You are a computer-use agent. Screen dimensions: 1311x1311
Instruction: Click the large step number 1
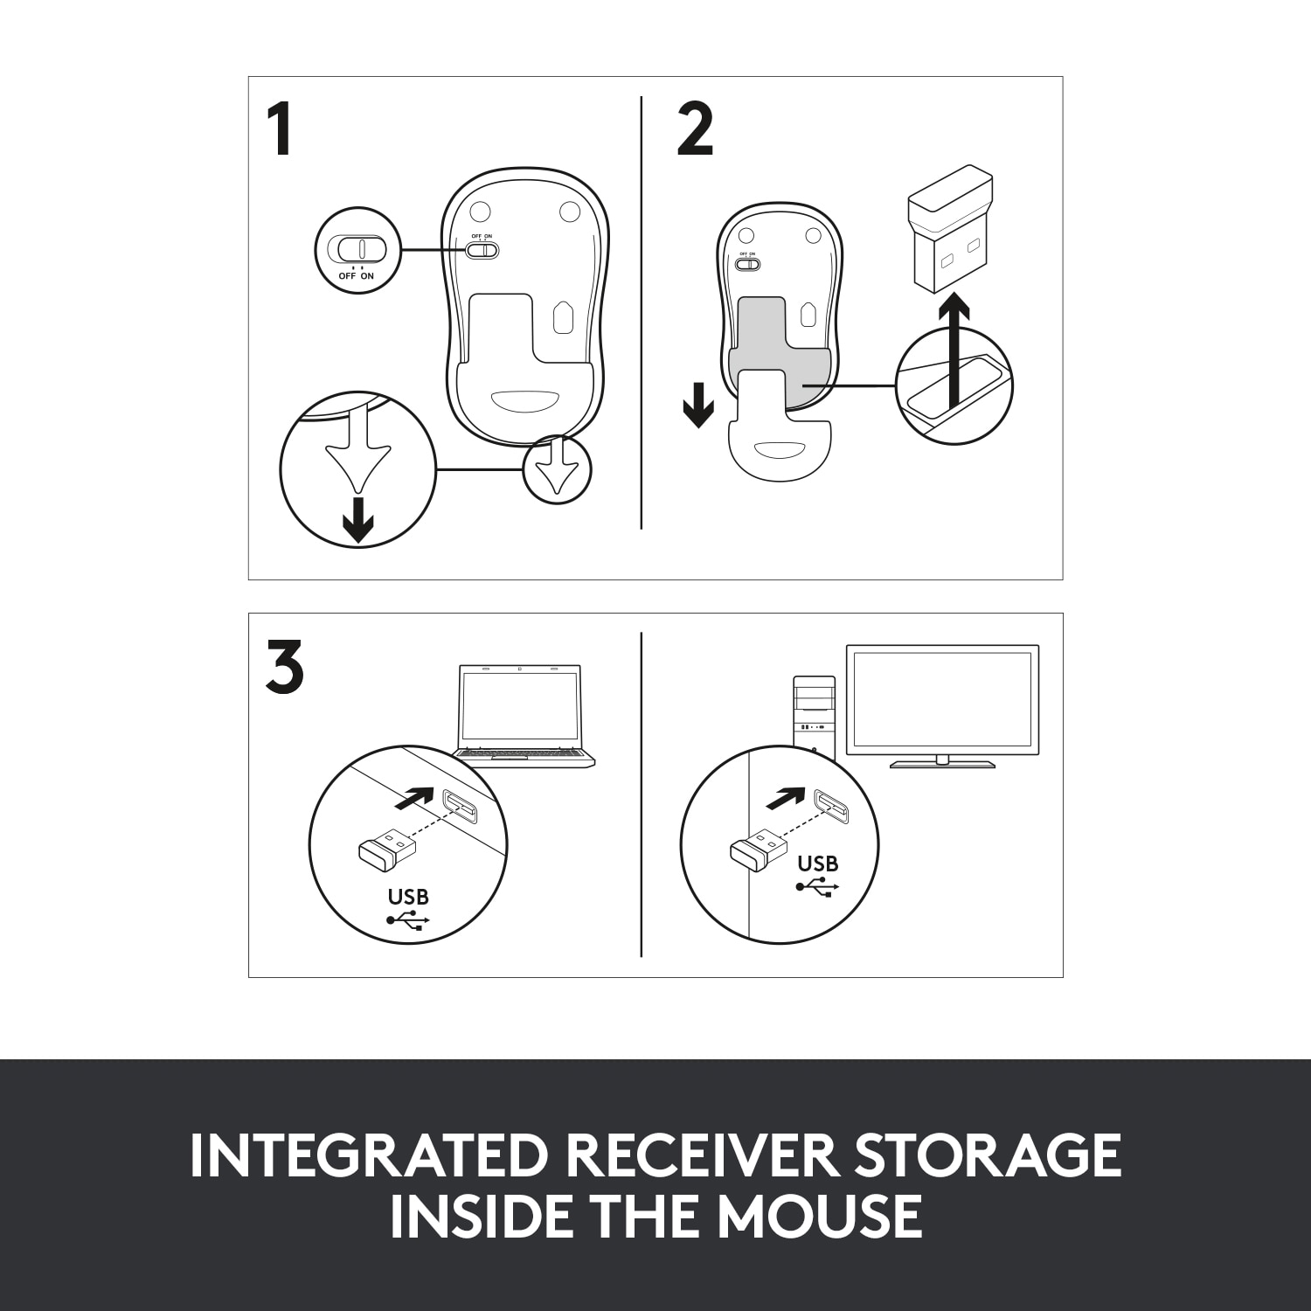point(279,131)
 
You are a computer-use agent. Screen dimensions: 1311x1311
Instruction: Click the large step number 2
point(695,131)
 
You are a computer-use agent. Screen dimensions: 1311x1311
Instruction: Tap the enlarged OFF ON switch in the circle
point(357,249)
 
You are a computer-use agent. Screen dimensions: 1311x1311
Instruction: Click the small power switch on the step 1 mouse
point(482,250)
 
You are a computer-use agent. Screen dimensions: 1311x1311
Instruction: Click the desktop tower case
point(814,717)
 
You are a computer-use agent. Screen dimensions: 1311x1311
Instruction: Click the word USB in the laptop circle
point(408,897)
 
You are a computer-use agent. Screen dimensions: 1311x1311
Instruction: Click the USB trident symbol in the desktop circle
point(817,887)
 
